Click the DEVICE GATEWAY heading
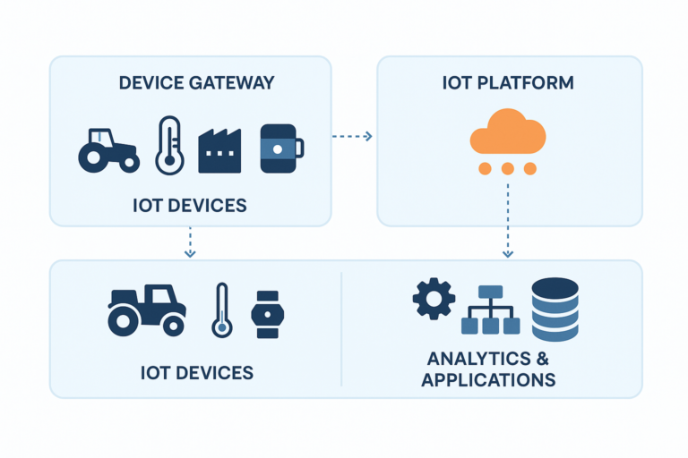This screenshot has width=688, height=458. (196, 83)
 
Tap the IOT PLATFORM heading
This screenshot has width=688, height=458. (508, 83)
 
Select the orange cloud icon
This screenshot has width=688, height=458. (508, 133)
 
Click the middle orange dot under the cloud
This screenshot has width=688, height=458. (508, 168)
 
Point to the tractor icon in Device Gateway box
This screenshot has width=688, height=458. (109, 149)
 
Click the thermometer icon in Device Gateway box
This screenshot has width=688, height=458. (169, 145)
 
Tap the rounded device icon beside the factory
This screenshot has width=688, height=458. (280, 148)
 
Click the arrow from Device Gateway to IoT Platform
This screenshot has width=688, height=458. (352, 136)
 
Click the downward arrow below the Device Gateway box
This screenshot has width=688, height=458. (189, 242)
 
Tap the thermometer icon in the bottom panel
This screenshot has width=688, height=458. (221, 310)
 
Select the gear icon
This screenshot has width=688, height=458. (434, 300)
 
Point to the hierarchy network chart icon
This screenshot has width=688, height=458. (490, 310)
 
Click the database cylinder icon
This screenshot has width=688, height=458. (555, 309)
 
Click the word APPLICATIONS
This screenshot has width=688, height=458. (488, 379)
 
